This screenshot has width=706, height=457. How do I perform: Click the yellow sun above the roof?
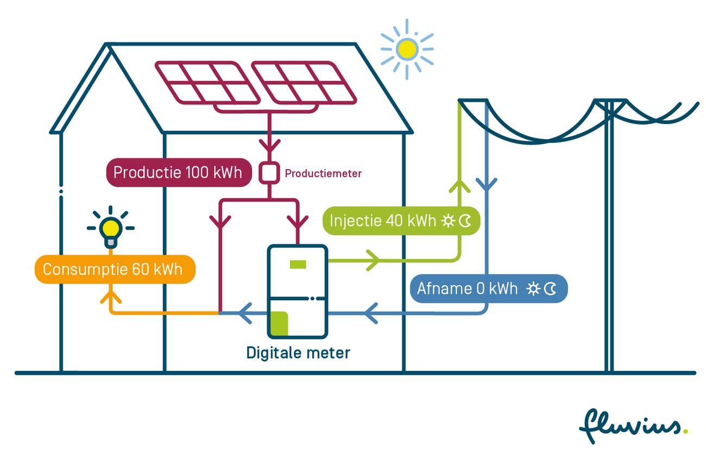tap(407, 49)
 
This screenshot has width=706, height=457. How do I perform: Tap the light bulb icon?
tap(111, 228)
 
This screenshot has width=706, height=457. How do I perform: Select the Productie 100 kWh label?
tap(178, 172)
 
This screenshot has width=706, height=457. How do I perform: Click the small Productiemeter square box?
tap(268, 173)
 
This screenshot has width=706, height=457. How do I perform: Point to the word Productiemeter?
tap(323, 174)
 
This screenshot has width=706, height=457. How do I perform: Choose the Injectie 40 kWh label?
tap(401, 221)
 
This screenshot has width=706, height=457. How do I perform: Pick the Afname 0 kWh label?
tap(488, 288)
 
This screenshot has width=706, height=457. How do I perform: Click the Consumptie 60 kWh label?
tap(115, 269)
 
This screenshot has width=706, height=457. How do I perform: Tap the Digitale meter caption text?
tap(298, 353)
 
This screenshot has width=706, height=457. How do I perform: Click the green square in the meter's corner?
tap(279, 323)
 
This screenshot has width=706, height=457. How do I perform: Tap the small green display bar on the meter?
tap(298, 264)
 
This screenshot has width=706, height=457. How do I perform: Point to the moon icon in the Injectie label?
tap(465, 221)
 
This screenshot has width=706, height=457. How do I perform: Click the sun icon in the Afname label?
tap(533, 289)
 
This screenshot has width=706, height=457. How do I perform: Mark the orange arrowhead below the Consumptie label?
tap(111, 297)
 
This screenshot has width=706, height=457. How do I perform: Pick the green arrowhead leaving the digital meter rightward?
tap(373, 260)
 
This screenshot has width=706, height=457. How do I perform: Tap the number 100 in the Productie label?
tap(197, 172)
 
